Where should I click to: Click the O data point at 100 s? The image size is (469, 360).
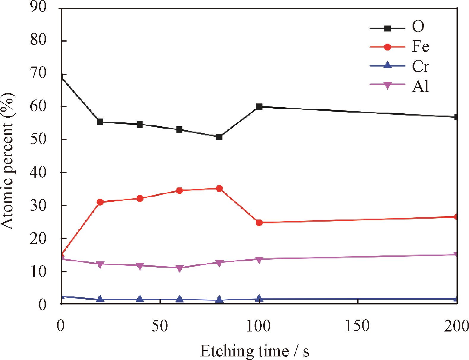coord(259,107)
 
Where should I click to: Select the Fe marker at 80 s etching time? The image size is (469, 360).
coord(219,188)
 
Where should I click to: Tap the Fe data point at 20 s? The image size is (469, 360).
coord(100,202)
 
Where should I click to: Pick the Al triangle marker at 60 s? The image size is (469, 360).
coord(179,268)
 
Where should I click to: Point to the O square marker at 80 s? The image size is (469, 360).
coord(219,137)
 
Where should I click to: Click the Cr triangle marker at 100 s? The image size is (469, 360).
coord(259,299)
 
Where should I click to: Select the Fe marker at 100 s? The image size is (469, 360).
coord(259,222)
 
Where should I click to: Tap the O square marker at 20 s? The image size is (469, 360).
coord(100,122)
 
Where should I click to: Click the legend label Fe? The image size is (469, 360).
coord(420,47)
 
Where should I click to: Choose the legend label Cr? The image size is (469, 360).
coord(420,66)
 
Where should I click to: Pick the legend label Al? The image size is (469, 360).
coord(420,86)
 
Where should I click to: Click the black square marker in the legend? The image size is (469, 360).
coord(387,28)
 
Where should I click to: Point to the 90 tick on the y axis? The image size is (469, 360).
coord(38,7)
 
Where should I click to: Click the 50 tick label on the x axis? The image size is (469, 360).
coord(160,326)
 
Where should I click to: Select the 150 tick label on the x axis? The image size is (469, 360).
coord(357,326)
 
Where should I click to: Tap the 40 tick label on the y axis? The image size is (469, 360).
coord(38,173)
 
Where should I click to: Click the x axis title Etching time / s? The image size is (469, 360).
coord(255,351)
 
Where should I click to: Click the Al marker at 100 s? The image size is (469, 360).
coord(259,260)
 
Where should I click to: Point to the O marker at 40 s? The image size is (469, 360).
coord(140,124)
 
